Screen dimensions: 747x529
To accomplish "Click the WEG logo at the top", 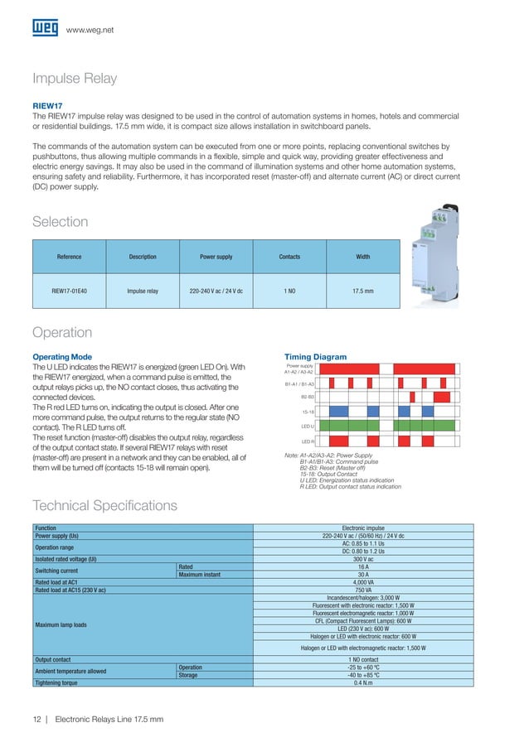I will (x=45, y=29).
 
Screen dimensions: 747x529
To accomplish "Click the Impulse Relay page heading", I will (x=75, y=80).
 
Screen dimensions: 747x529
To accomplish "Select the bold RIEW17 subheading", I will (x=47, y=106).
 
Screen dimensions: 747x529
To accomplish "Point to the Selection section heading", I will (x=60, y=222).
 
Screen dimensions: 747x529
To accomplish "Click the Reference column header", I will (x=69, y=257).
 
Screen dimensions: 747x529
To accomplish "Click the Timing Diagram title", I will (x=315, y=357).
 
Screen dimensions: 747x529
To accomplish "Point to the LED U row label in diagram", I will (x=307, y=427).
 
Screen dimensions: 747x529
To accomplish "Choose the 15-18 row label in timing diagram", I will (x=308, y=412).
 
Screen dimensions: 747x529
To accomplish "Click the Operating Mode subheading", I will (x=61, y=357).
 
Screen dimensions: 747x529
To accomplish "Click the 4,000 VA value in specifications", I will (x=362, y=581).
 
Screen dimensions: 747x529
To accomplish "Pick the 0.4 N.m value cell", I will (x=362, y=682).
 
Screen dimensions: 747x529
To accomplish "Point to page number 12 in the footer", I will (x=37, y=718).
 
